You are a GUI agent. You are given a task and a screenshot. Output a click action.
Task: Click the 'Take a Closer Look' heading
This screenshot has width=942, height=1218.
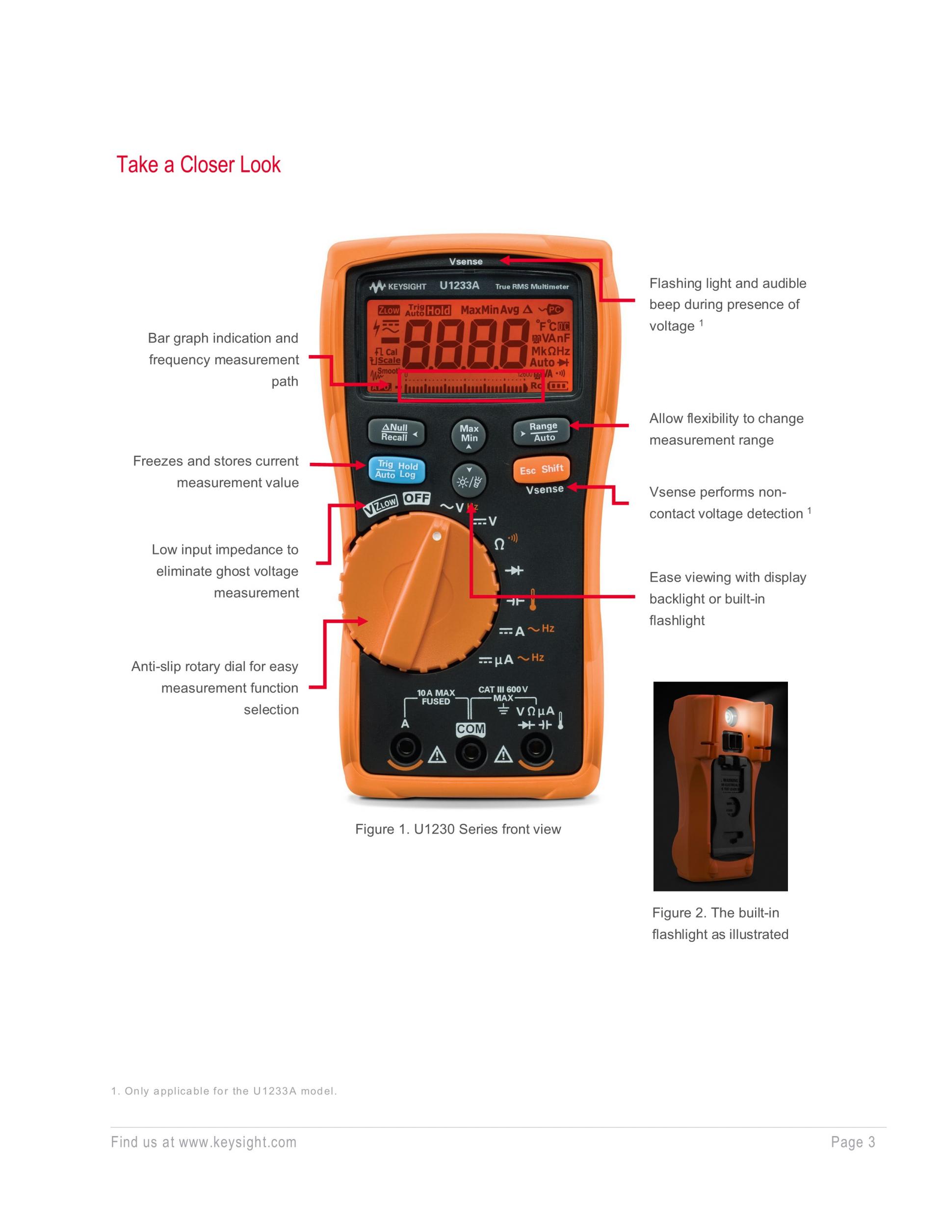pos(198,165)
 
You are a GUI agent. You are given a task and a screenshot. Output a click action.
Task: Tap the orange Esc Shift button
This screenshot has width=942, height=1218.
pos(541,470)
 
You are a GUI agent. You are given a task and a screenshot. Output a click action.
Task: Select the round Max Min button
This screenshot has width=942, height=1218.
pos(469,433)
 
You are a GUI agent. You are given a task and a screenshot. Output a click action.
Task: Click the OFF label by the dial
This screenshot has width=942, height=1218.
pos(417,498)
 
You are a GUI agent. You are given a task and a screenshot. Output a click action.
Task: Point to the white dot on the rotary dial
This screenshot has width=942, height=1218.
pos(437,536)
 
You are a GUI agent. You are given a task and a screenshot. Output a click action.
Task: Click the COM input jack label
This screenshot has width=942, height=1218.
pos(471,729)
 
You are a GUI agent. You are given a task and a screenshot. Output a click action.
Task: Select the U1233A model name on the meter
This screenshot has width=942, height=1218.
pos(459,285)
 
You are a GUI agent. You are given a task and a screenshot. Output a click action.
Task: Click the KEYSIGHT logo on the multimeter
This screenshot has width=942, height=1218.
pos(397,287)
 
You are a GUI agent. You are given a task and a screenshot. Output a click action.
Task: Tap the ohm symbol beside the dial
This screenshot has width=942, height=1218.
pos(500,544)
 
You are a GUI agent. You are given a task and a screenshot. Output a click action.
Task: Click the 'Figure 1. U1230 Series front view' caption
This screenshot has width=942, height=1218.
pos(458,829)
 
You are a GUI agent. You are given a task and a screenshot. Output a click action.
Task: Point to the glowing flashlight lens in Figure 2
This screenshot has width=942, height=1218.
pos(731,715)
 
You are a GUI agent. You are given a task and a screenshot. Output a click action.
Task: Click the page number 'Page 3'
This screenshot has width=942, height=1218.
pos(853,1142)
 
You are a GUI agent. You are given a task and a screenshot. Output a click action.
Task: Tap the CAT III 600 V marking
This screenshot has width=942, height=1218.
pos(503,689)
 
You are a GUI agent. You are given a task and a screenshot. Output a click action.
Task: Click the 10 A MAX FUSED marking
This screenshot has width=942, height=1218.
pos(436,697)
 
